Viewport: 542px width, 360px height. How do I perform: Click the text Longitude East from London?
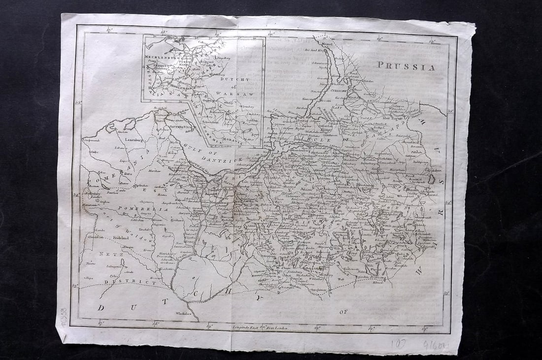point(260,327)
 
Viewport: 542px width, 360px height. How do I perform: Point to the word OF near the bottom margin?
point(343,312)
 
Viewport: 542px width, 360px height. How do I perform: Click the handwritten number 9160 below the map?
point(434,345)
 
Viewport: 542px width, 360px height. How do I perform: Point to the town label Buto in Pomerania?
point(128,174)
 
